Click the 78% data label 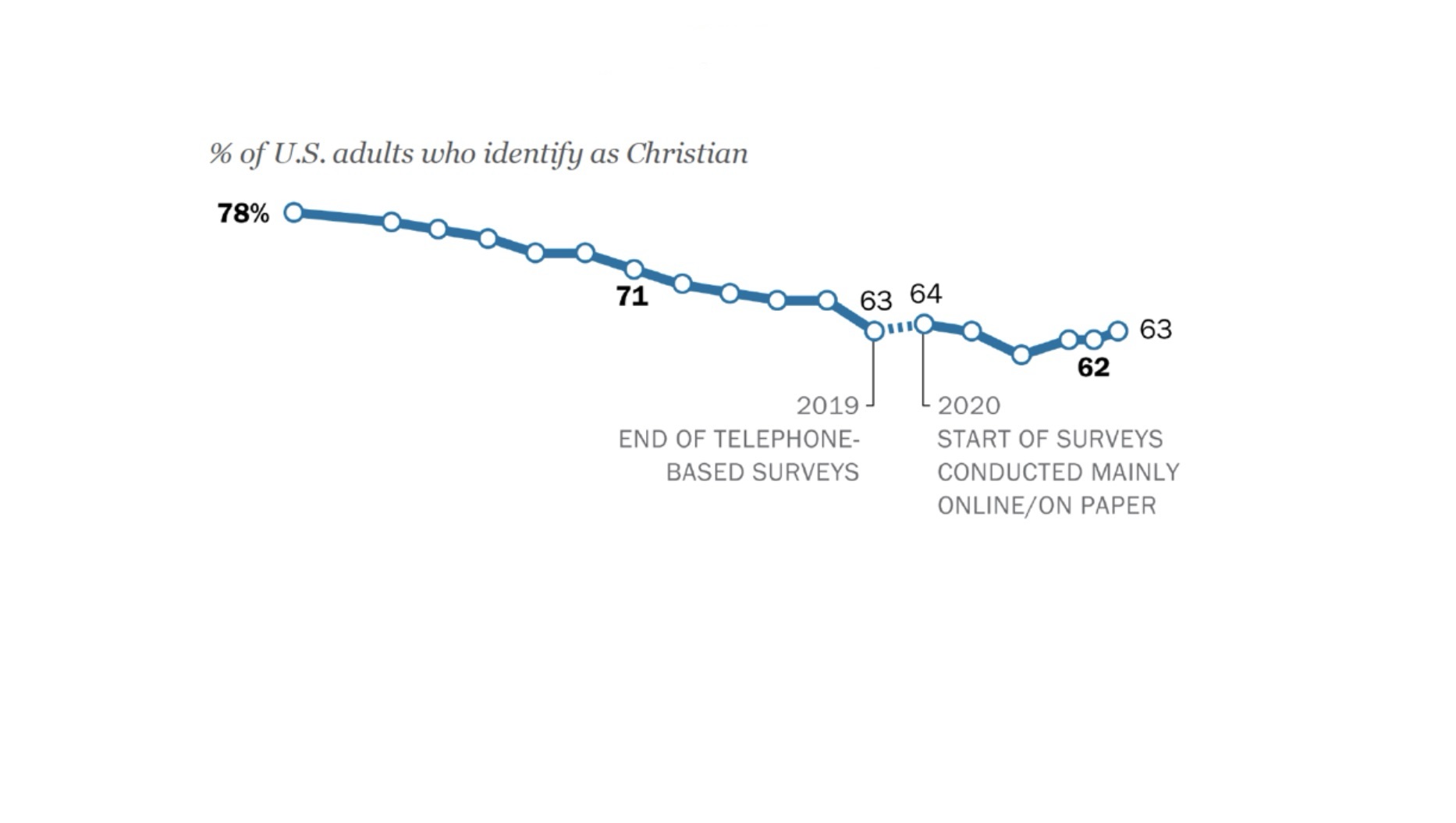click(243, 213)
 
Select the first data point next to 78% click(293, 212)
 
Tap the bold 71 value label click(632, 297)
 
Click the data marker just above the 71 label click(634, 269)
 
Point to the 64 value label click(925, 294)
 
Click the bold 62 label click(1093, 367)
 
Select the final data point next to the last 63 click(1118, 330)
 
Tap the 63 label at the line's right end click(1156, 330)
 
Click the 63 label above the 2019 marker click(875, 301)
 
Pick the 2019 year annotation click(827, 406)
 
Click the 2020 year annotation click(968, 406)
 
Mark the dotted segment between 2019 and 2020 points click(899, 328)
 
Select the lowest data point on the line click(1021, 355)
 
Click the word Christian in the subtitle click(687, 153)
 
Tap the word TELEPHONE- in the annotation click(787, 440)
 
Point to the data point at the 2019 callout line click(875, 331)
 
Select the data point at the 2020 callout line click(924, 324)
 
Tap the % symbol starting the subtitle click(220, 153)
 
